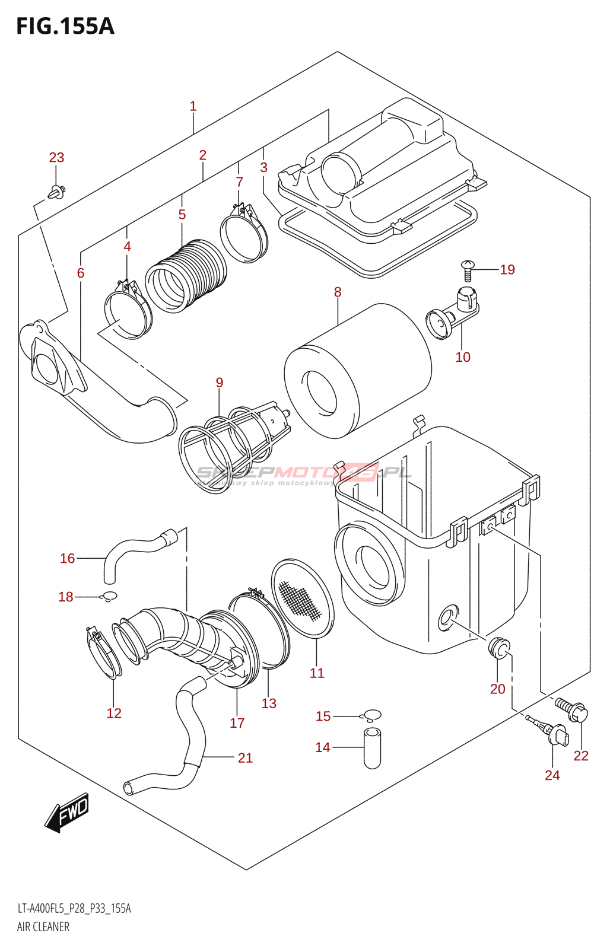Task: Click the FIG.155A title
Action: (x=65, y=27)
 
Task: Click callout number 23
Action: (x=56, y=158)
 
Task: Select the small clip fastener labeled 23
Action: (x=57, y=192)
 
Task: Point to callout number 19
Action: (x=507, y=270)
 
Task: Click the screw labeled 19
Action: (x=468, y=270)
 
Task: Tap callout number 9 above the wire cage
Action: (x=220, y=383)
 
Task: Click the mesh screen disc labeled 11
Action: (x=303, y=597)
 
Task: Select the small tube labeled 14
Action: (x=372, y=748)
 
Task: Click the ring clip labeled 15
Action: (x=373, y=716)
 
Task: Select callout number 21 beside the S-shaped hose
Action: (x=245, y=758)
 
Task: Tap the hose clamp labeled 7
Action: (x=244, y=235)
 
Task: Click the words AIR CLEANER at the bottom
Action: (x=43, y=926)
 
